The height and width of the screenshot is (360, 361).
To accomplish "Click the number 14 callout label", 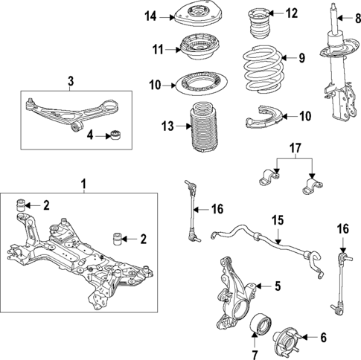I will [150, 15].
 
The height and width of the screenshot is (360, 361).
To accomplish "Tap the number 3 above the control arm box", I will [71, 81].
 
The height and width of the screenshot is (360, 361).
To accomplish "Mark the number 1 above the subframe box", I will [84, 182].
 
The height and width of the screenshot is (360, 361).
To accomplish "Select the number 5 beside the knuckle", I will [277, 285].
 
